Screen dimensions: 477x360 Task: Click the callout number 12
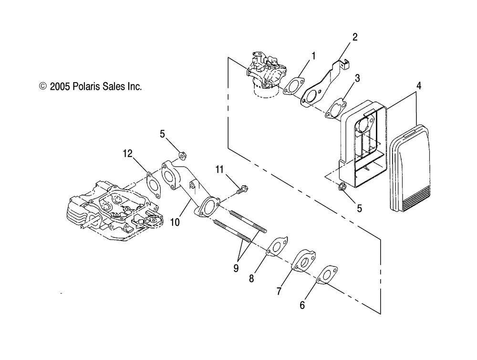(x=128, y=154)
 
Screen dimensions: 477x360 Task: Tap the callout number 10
(x=175, y=222)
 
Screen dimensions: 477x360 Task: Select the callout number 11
(x=219, y=169)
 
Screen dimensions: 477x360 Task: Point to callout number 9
(x=236, y=268)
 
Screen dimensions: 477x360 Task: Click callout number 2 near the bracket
(x=355, y=37)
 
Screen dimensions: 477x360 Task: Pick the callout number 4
(x=419, y=86)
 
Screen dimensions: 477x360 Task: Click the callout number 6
(x=302, y=305)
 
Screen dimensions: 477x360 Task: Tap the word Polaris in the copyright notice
(x=86, y=86)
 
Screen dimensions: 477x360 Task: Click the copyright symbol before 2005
(x=43, y=86)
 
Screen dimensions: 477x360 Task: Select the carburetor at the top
(x=266, y=74)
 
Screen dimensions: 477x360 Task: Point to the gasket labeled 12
(x=154, y=185)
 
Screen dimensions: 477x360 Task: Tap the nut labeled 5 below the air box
(x=342, y=186)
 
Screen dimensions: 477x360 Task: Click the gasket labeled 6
(x=327, y=275)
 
